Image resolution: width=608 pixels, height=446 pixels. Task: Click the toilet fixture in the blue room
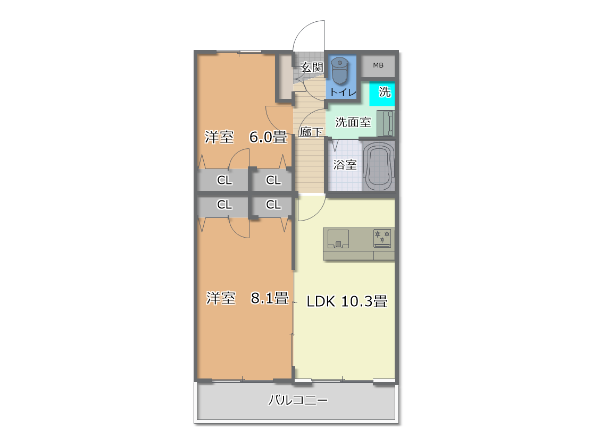tap(340, 71)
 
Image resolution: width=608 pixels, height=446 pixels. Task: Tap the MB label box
tap(378, 65)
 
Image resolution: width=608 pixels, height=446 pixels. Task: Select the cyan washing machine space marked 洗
tap(382, 94)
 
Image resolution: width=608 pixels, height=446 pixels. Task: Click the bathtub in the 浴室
tap(378, 166)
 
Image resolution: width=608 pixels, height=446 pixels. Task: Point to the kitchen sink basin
tap(338, 239)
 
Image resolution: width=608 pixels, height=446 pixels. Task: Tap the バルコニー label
tap(298, 400)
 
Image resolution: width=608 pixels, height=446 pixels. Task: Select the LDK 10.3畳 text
tap(347, 301)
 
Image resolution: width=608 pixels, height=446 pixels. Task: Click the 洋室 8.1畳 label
tap(247, 298)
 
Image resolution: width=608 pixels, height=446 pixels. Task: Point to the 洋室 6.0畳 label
tap(246, 137)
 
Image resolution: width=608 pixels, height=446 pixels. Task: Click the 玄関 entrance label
tap(312, 68)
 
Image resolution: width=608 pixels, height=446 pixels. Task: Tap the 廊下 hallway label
tap(311, 132)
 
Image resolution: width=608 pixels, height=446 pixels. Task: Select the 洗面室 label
tap(353, 122)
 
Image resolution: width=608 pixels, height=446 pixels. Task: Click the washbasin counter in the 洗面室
tap(386, 123)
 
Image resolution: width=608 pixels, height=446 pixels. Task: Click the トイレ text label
tap(343, 92)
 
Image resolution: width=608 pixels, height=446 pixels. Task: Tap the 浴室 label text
tap(345, 165)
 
